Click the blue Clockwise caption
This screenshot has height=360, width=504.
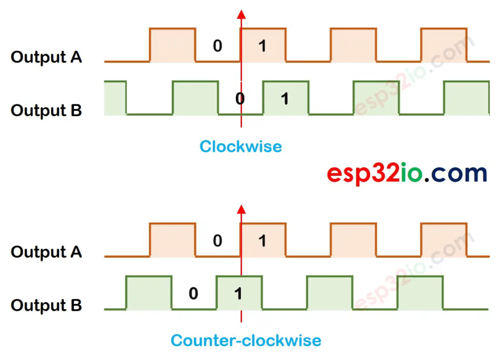[241, 146]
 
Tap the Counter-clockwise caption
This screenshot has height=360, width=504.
[246, 340]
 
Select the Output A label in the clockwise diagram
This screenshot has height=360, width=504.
[46, 57]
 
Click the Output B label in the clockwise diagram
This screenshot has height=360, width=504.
[46, 110]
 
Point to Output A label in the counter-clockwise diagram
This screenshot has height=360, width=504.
[46, 252]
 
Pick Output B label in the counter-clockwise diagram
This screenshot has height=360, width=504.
[46, 305]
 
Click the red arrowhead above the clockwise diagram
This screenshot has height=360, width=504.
[241, 14]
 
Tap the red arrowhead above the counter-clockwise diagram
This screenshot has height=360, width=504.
[241, 209]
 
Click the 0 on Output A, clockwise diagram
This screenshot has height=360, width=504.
[217, 46]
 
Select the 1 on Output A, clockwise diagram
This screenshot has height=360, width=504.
[262, 46]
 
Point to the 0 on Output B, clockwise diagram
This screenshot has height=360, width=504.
[240, 99]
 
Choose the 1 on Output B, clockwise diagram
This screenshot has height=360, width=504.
[284, 99]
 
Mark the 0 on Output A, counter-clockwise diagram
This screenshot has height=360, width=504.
[217, 241]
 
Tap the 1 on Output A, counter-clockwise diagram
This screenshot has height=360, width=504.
[262, 241]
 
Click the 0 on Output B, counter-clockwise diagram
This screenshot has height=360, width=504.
[193, 294]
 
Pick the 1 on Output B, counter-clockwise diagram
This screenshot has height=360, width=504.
[238, 294]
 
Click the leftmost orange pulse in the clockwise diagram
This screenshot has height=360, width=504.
[172, 45]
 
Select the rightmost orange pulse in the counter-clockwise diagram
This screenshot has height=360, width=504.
[443, 240]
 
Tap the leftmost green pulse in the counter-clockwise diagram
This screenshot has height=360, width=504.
[149, 293]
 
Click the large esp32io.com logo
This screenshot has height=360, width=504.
[407, 173]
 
